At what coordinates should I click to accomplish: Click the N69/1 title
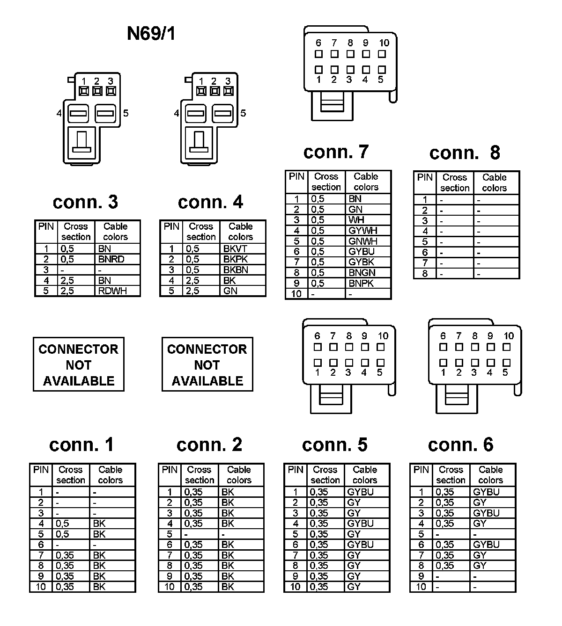(x=151, y=34)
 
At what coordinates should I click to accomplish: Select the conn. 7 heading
(x=336, y=152)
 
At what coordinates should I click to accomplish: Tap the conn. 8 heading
(x=465, y=153)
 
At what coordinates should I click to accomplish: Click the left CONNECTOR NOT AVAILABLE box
(x=79, y=364)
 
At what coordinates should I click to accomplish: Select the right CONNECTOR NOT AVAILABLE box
(x=207, y=364)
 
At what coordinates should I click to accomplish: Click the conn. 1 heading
(x=81, y=445)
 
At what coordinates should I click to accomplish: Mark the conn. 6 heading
(x=460, y=445)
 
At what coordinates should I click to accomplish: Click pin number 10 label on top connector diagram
(x=384, y=43)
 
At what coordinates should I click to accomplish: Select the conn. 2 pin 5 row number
(x=170, y=534)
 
